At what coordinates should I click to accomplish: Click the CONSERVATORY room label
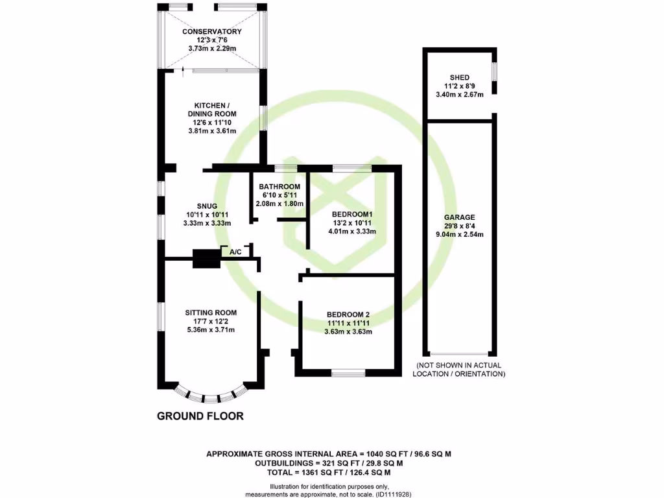[x=212, y=31]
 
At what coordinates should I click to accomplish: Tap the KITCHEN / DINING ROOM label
[x=212, y=110]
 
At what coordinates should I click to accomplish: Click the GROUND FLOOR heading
[x=200, y=416]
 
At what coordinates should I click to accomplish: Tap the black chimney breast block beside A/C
[x=206, y=259]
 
